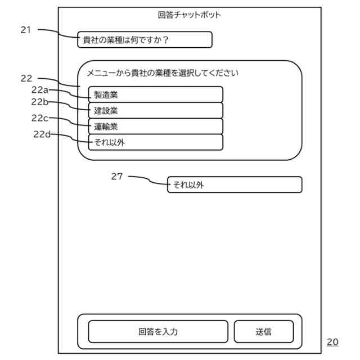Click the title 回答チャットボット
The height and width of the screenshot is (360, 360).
click(x=190, y=15)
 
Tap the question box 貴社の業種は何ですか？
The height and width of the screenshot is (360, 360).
click(x=145, y=40)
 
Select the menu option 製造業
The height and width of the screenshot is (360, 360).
click(x=155, y=94)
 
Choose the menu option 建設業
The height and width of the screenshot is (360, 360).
click(x=155, y=110)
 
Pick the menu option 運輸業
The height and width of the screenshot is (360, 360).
click(x=155, y=126)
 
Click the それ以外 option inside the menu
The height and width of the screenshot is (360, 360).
click(x=155, y=142)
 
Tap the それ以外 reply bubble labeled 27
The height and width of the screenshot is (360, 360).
click(x=235, y=184)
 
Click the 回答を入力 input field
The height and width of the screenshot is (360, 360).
click(x=158, y=331)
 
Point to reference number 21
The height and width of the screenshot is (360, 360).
click(x=25, y=30)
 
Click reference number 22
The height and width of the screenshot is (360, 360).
click(x=26, y=79)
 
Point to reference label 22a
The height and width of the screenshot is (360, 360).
click(x=40, y=89)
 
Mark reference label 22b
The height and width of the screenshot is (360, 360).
click(x=40, y=102)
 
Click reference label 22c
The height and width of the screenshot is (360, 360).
click(x=40, y=118)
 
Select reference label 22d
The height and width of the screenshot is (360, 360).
click(x=42, y=134)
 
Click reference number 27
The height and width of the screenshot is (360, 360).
click(x=116, y=177)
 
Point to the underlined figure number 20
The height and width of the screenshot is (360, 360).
click(x=332, y=341)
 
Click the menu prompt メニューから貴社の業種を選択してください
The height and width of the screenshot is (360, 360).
click(x=163, y=73)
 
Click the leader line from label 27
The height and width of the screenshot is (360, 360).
click(x=149, y=180)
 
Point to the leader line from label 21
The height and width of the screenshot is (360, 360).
click(x=59, y=33)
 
